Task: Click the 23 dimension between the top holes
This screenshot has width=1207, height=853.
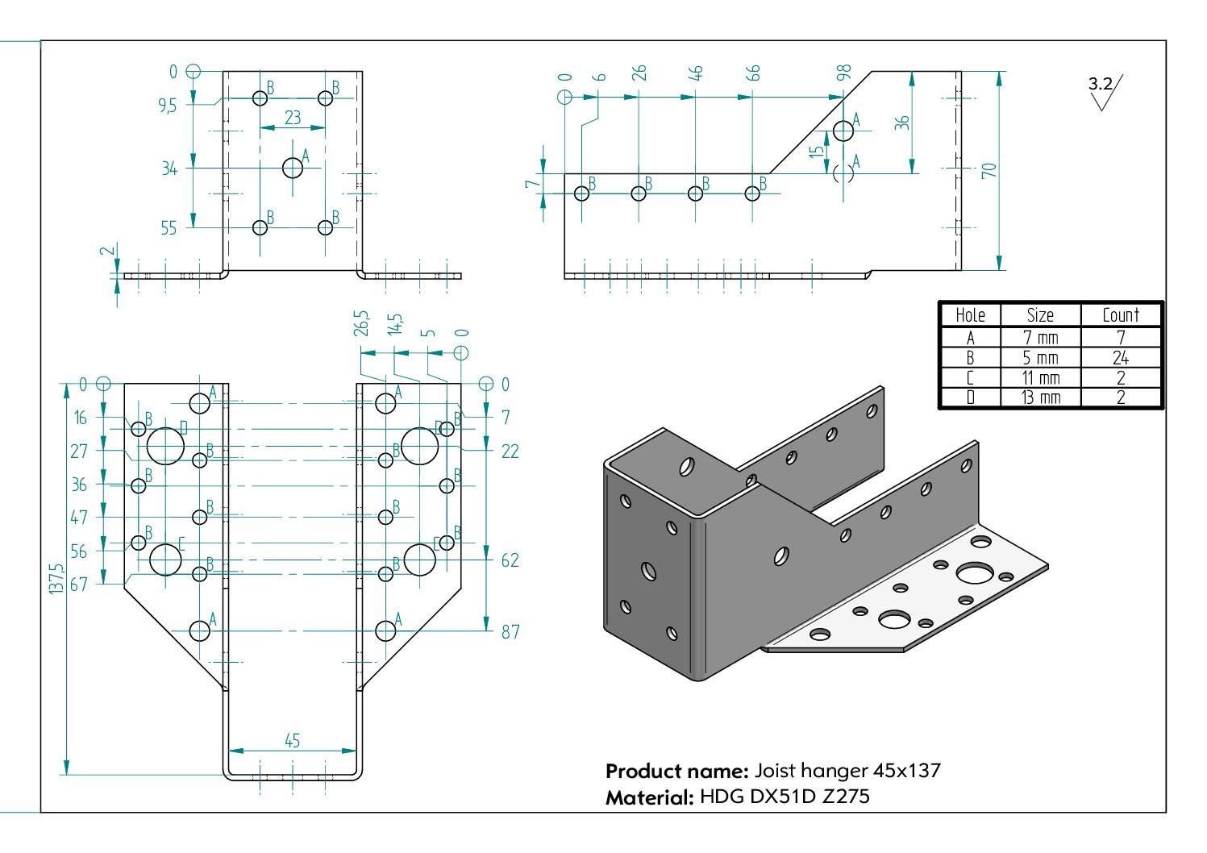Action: point(293,118)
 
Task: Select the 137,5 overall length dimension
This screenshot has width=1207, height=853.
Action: point(56,579)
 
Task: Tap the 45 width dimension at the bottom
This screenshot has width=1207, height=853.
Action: point(292,740)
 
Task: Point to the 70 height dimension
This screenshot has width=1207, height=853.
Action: point(989,170)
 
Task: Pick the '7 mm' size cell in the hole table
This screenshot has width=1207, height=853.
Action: point(1040,338)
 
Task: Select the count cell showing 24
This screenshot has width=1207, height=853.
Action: point(1120,358)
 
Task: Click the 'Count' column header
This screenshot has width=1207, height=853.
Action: point(1120,315)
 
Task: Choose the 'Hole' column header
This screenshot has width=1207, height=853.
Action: point(970,315)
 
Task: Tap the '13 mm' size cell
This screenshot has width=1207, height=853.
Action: point(1040,397)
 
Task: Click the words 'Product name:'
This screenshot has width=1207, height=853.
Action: point(677,771)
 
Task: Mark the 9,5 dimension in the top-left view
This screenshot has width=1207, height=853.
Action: point(167,106)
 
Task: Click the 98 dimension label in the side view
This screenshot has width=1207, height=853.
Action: point(844,73)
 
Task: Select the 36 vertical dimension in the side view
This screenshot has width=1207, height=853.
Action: point(901,123)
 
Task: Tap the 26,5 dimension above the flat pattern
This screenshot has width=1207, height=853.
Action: point(361,323)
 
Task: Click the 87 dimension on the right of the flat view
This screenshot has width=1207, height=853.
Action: point(510,631)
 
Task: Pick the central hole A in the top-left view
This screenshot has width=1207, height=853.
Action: point(293,168)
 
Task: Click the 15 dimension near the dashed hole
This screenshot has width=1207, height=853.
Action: point(818,151)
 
